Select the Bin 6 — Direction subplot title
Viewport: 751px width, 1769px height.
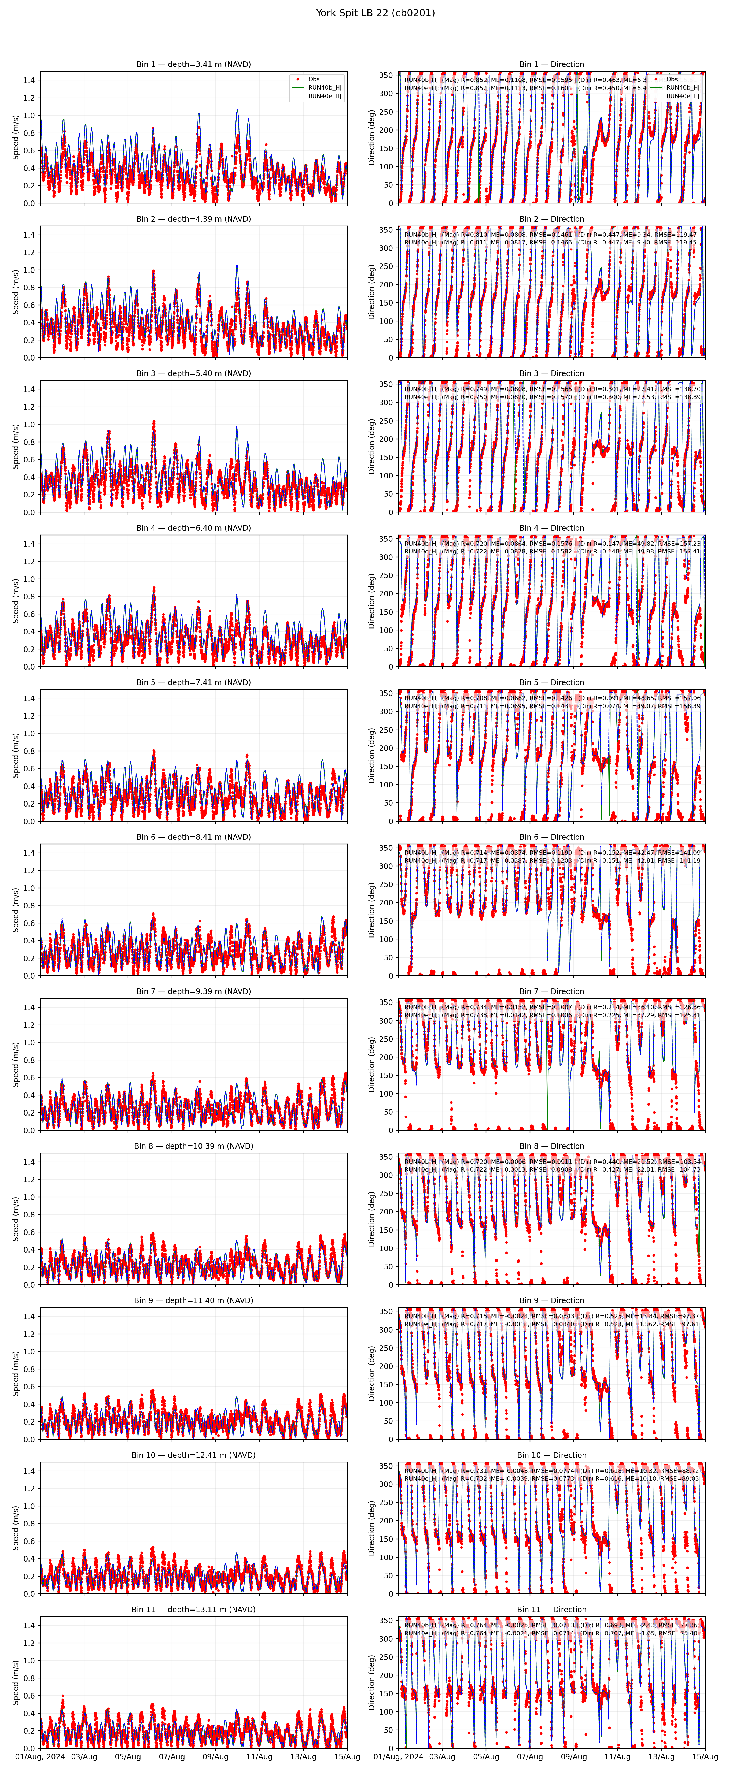(551, 837)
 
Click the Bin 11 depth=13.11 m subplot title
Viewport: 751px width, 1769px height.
(193, 1610)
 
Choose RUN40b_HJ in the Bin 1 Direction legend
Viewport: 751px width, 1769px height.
(682, 88)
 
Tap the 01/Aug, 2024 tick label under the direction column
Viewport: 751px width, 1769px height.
(399, 1757)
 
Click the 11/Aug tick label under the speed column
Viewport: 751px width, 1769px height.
(259, 1757)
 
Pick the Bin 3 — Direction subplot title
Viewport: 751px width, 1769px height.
(551, 374)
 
